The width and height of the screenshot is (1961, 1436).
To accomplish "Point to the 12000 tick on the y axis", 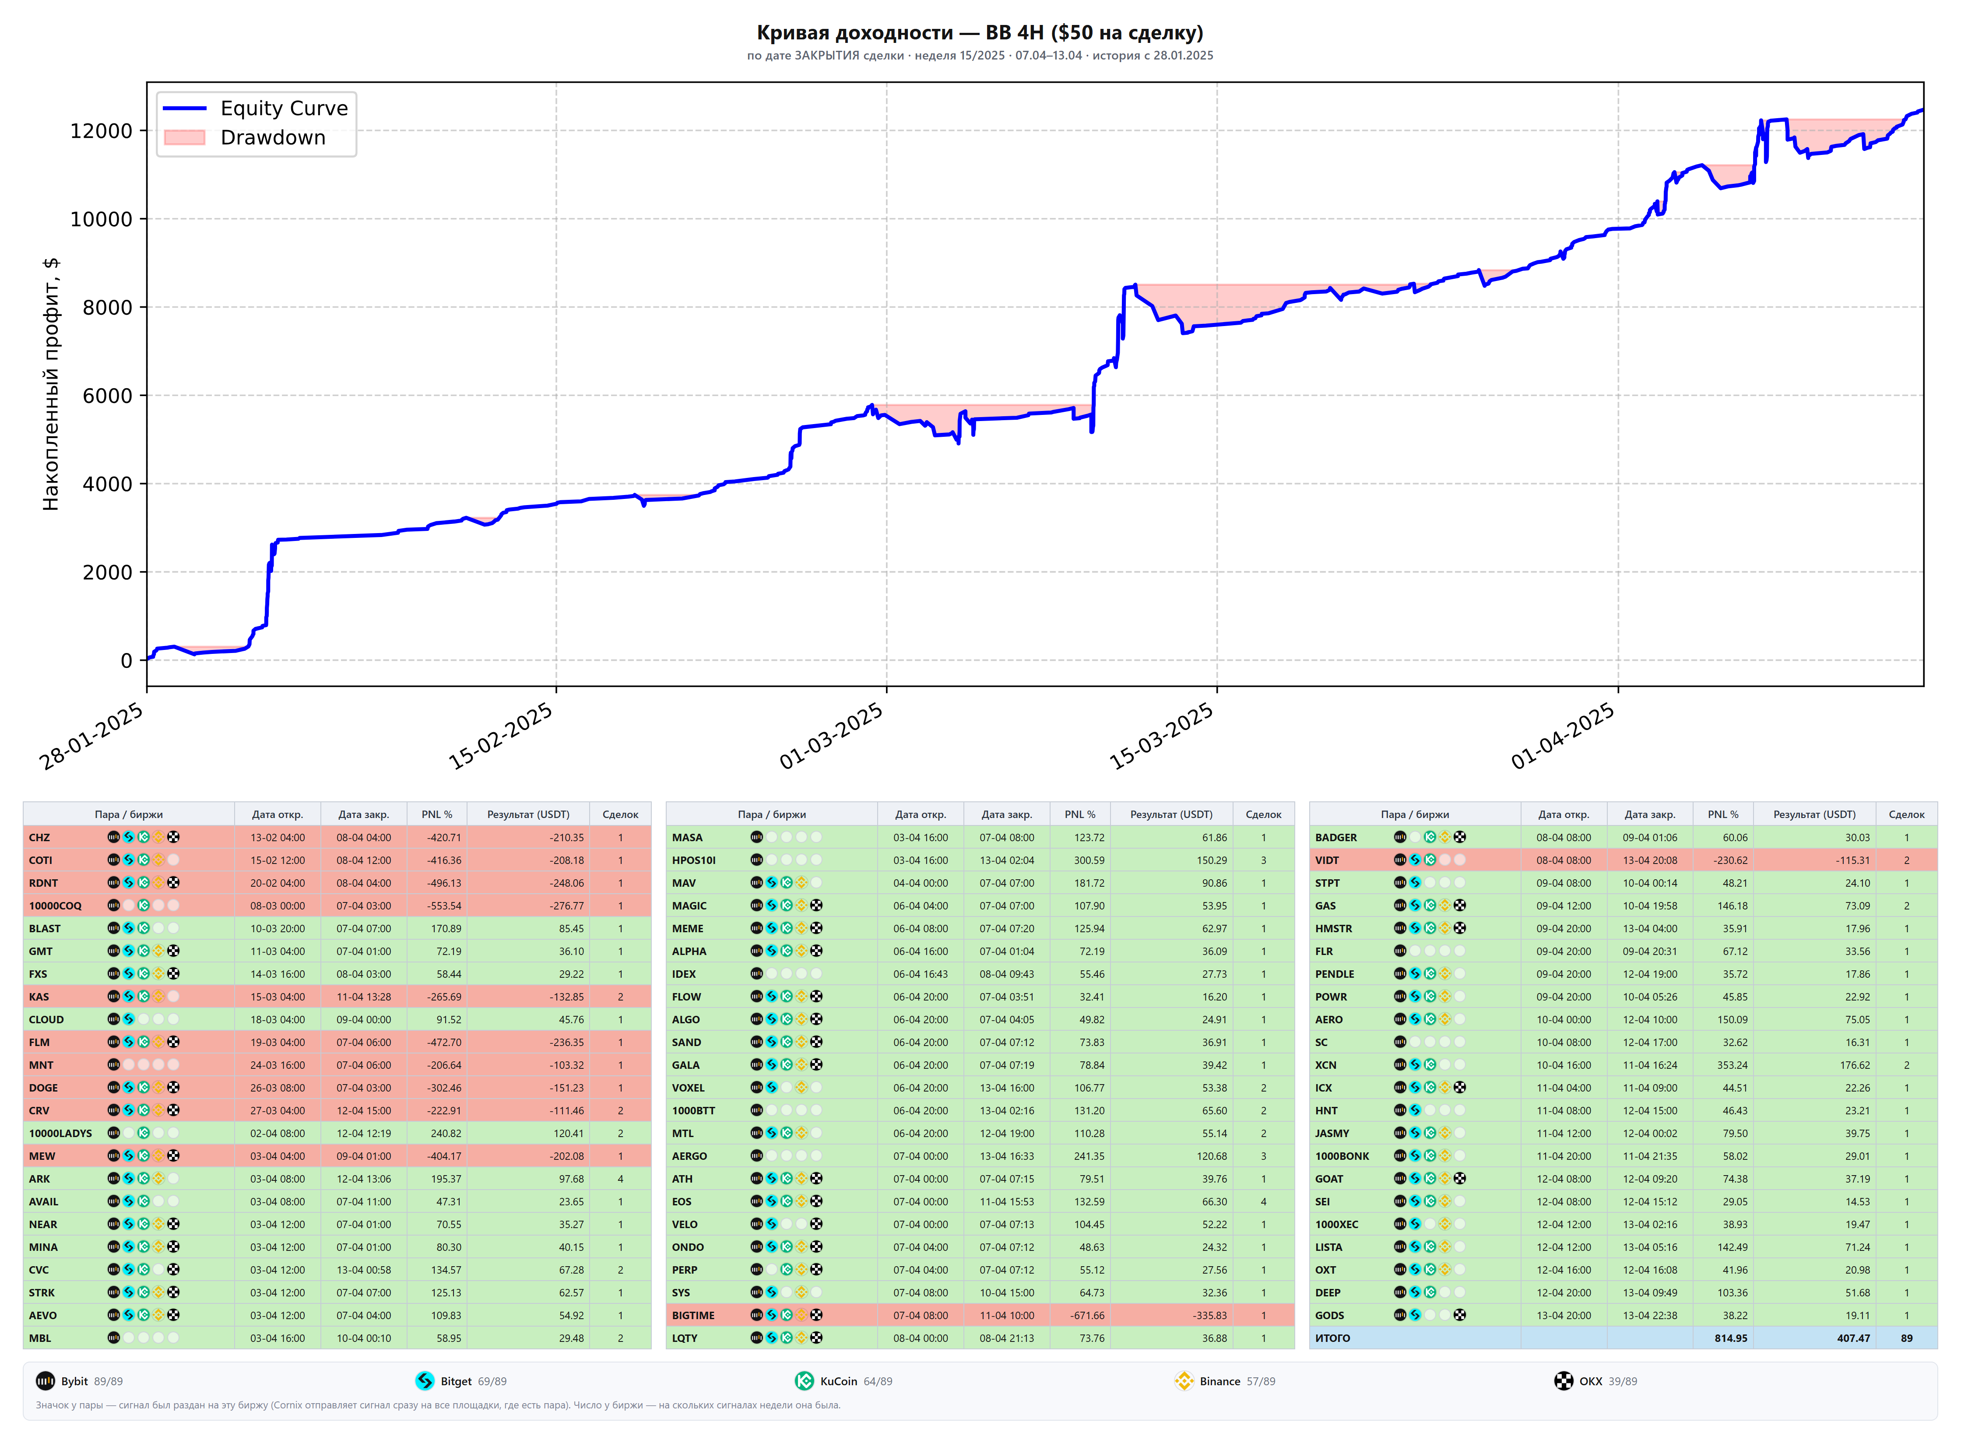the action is click(x=102, y=131).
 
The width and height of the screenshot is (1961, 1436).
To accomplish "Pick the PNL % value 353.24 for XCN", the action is click(x=1733, y=1065).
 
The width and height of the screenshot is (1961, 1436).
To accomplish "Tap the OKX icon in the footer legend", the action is click(x=1564, y=1381).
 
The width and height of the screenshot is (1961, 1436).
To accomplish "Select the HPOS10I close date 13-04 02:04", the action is click(x=1007, y=860).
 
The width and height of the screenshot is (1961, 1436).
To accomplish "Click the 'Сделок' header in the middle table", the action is click(x=1263, y=815).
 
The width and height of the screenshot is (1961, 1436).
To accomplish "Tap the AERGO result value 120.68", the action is click(x=1212, y=1156).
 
